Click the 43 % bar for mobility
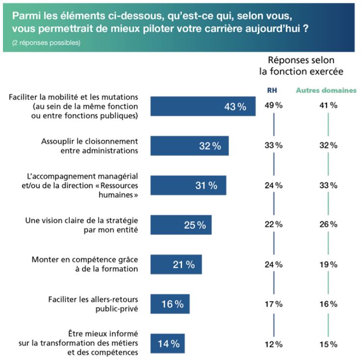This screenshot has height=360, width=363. pyautogui.click(x=203, y=106)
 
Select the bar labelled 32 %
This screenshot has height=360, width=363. pyautogui.click(x=189, y=146)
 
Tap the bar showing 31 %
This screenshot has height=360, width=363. pyautogui.click(x=188, y=185)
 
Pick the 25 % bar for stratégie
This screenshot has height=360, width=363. pyautogui.click(x=181, y=225)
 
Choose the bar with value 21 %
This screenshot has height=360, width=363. pyautogui.click(x=176, y=264)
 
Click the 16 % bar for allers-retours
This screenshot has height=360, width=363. pyautogui.click(x=170, y=304)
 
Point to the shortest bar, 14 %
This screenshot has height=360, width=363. pyautogui.click(x=167, y=343)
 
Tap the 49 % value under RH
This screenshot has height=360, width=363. pyautogui.click(x=273, y=105)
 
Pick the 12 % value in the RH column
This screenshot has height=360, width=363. pyautogui.click(x=273, y=343)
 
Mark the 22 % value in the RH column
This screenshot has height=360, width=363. pyautogui.click(x=273, y=225)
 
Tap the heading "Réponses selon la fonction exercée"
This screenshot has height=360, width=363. pyautogui.click(x=301, y=65)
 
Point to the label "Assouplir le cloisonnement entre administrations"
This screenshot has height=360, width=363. pyautogui.click(x=89, y=146)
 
